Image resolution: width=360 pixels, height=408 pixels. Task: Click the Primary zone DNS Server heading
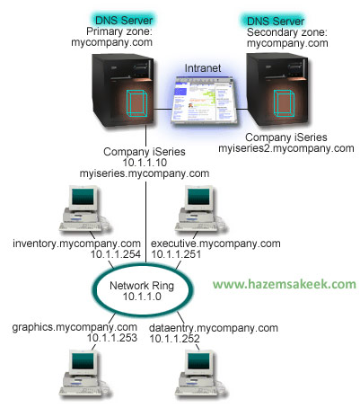click(x=124, y=21)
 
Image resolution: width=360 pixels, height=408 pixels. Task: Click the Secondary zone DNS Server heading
click(x=276, y=21)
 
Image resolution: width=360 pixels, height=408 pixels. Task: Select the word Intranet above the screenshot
click(x=203, y=68)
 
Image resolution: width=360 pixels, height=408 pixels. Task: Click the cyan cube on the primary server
click(x=136, y=102)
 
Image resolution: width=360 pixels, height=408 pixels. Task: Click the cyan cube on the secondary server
click(x=284, y=103)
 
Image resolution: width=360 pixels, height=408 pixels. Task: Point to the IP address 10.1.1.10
click(x=145, y=163)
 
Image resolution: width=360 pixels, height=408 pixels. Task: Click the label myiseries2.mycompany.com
click(x=286, y=148)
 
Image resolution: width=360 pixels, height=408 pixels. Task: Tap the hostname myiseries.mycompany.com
click(x=145, y=173)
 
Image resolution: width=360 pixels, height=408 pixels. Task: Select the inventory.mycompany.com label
click(x=76, y=244)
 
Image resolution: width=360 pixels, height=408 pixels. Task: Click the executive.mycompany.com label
click(x=215, y=244)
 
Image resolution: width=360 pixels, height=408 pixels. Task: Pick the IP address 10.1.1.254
click(x=116, y=254)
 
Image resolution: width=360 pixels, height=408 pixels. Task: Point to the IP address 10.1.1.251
click(x=176, y=254)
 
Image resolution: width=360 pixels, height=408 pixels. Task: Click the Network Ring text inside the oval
click(x=142, y=286)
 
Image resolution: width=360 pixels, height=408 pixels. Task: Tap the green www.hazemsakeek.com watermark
click(x=285, y=284)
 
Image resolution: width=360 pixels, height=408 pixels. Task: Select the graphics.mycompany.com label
click(x=75, y=327)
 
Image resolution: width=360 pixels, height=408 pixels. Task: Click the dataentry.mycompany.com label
click(x=214, y=328)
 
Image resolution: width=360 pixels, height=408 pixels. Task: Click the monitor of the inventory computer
click(x=83, y=198)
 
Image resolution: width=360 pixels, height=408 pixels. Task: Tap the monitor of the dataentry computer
click(x=198, y=363)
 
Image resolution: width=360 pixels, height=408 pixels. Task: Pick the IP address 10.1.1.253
click(x=112, y=338)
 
